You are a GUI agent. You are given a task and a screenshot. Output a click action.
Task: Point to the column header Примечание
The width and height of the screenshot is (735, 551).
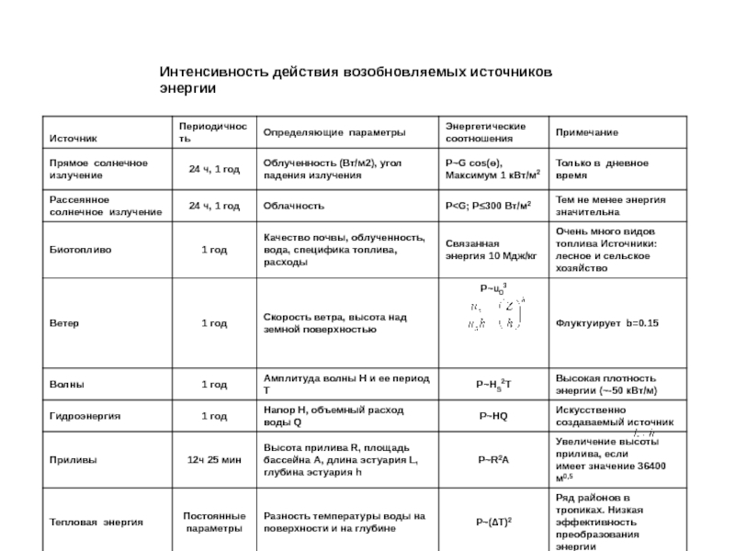(x=585, y=133)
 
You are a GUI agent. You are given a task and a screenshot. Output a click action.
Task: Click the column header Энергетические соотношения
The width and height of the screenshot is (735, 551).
(x=485, y=131)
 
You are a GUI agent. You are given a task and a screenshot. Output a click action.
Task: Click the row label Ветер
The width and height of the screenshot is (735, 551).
(x=63, y=323)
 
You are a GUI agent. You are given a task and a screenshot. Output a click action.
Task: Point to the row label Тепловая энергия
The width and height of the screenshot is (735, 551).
(x=96, y=521)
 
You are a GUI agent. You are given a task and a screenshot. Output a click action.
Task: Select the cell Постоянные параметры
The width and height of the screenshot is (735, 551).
(x=214, y=522)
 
